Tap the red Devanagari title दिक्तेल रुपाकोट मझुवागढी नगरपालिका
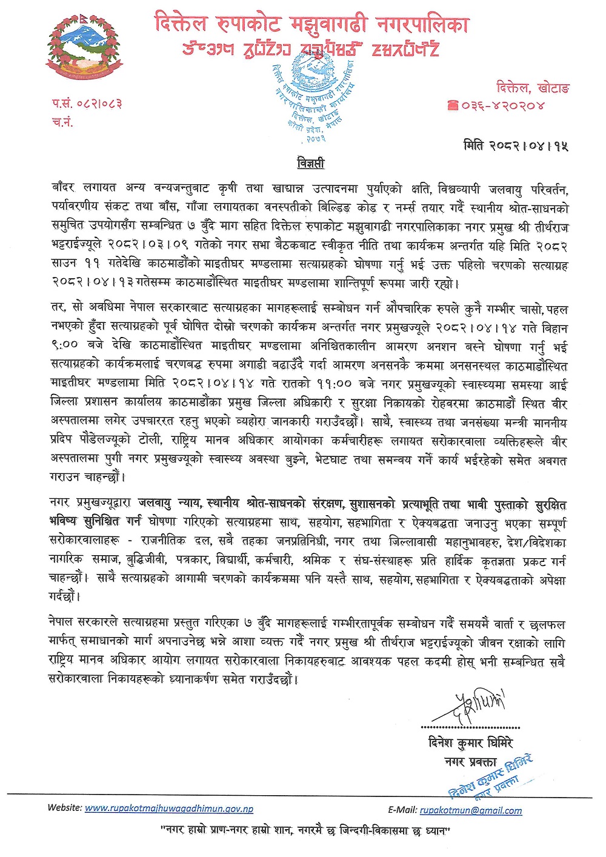point(311,24)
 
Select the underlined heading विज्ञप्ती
point(310,163)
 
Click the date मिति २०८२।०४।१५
point(516,145)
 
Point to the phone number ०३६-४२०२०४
point(503,105)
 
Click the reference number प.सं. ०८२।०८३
point(87,104)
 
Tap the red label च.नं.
point(62,122)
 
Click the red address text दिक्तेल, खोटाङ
point(533,88)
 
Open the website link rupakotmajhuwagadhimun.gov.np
point(169,808)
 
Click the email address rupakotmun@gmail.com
point(471,810)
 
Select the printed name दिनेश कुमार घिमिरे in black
point(470,742)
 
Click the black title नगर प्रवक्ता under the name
point(470,761)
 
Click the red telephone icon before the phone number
point(453,105)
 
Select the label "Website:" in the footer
point(65,808)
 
